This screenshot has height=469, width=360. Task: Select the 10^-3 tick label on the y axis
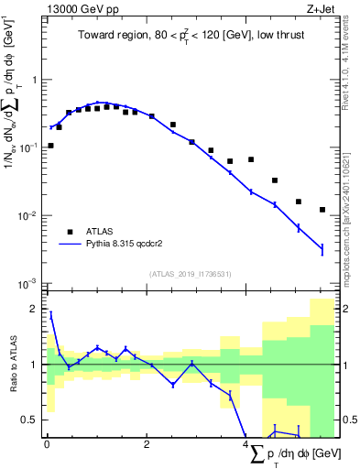(x=29, y=283)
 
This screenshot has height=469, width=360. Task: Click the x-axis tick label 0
(x=47, y=444)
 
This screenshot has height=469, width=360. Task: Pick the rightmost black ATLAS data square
(x=322, y=210)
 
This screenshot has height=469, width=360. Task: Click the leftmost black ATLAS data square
(x=50, y=146)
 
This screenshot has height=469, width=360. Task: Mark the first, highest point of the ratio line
(x=50, y=314)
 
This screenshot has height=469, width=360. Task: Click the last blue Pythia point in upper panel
(x=322, y=248)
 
